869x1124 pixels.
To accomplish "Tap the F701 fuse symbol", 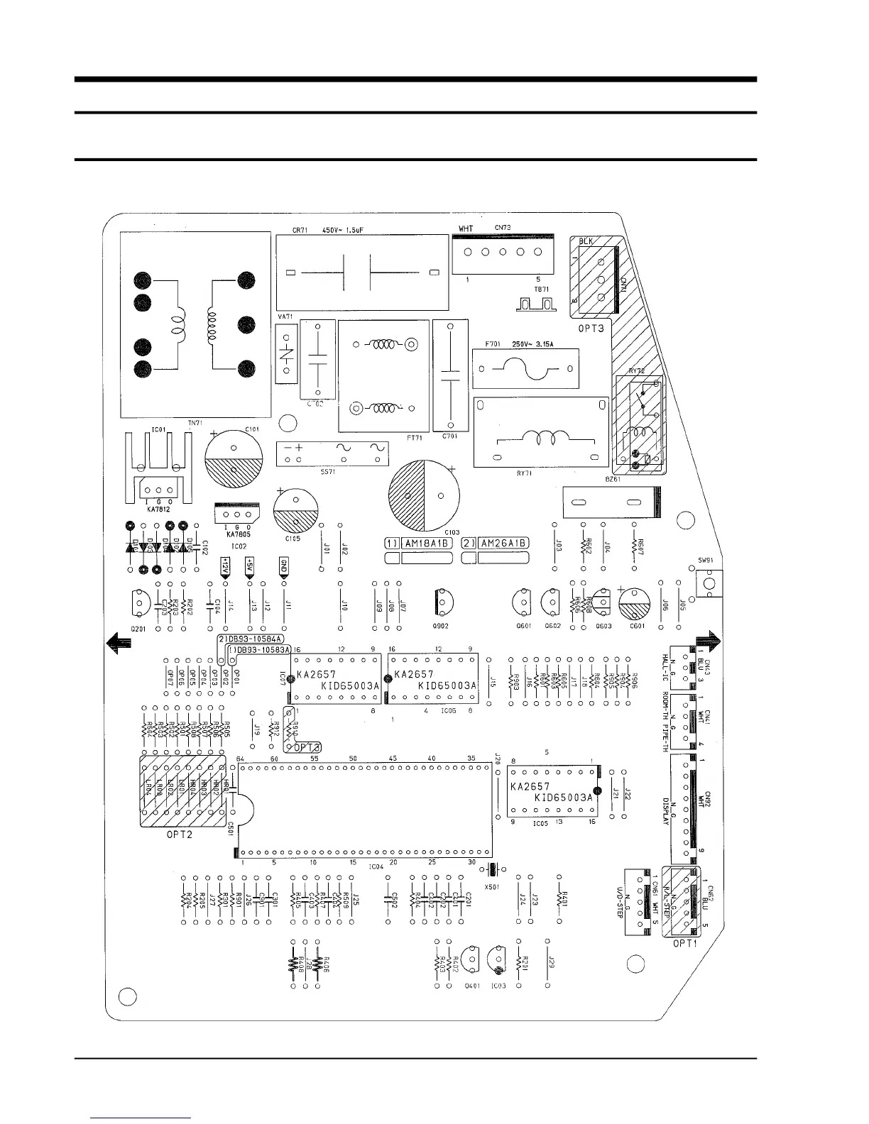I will (526, 369).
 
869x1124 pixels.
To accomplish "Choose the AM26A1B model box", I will (503, 543).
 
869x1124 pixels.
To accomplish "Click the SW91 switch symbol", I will (708, 583).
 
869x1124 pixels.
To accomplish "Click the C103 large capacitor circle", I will (424, 495).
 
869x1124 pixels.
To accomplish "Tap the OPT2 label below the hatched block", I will (180, 835).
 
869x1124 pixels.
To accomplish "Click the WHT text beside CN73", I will (466, 228).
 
